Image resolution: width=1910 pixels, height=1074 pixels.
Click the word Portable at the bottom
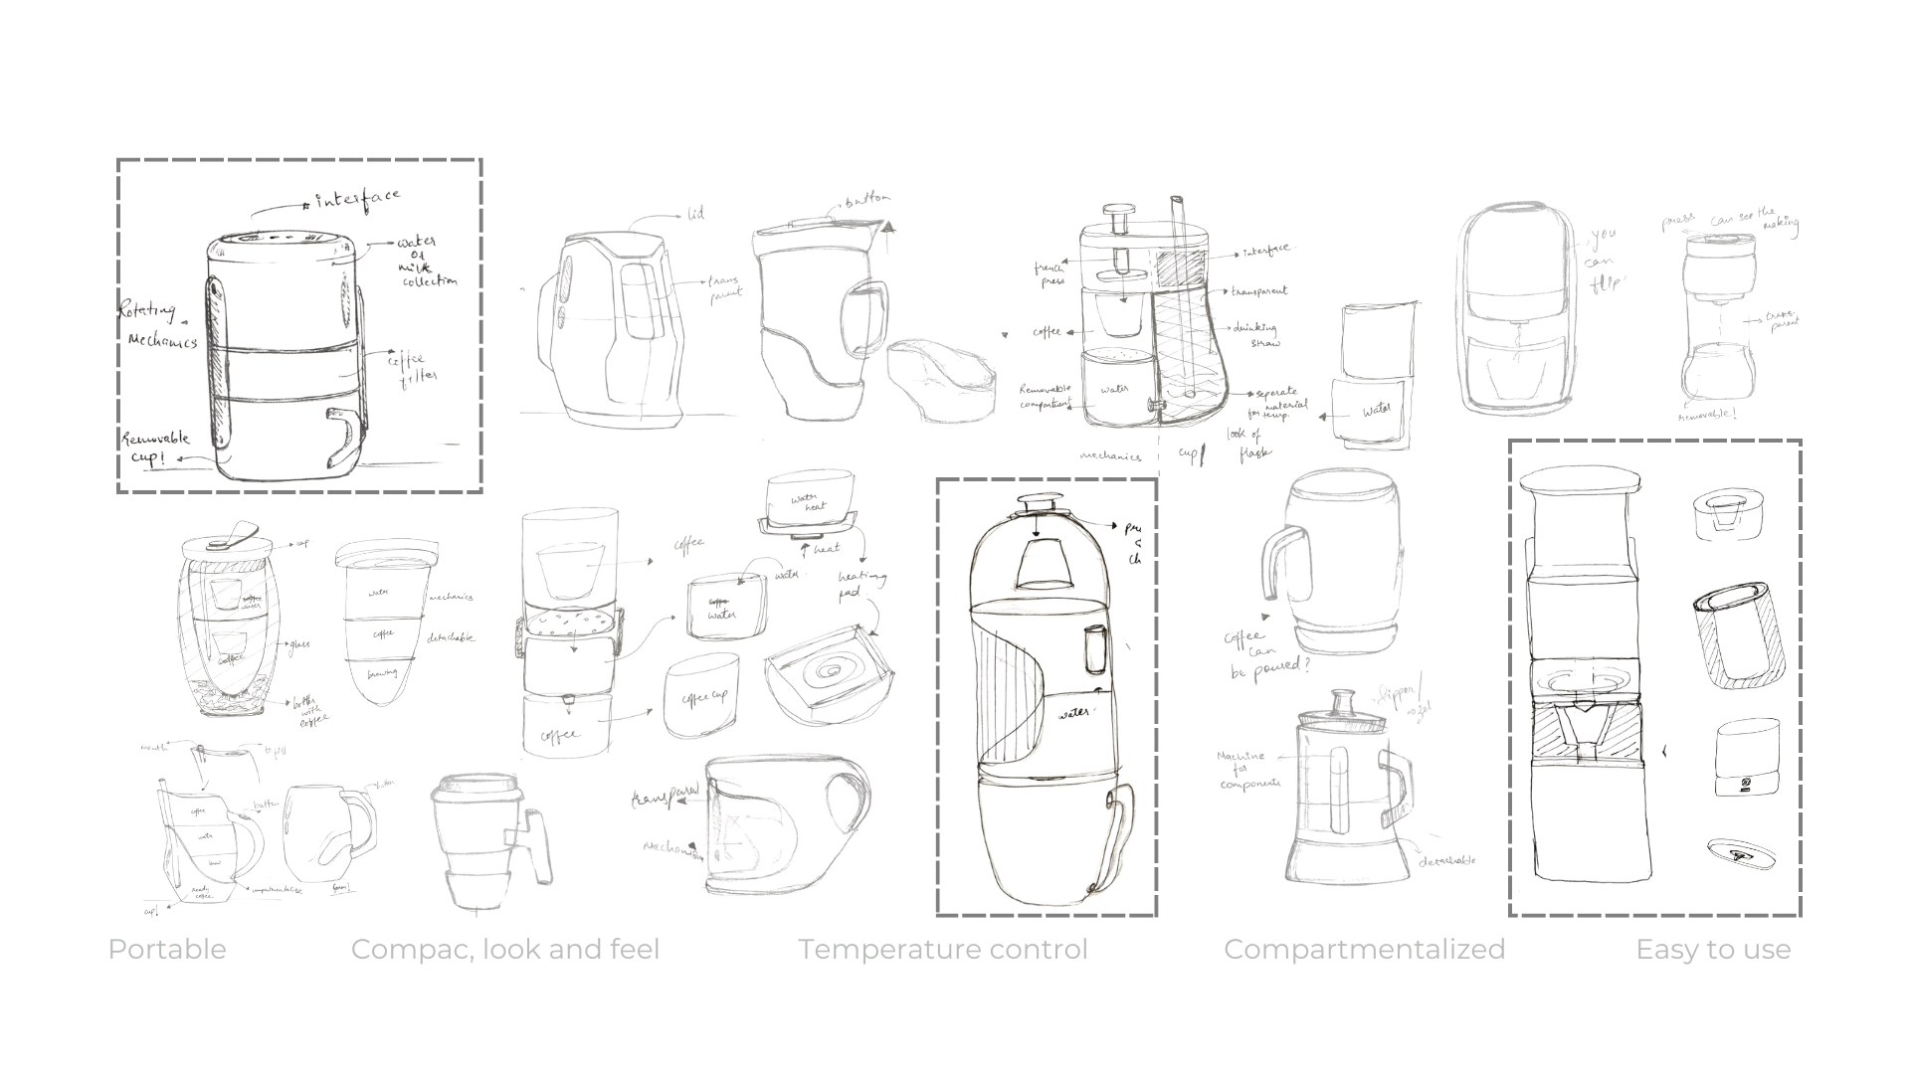[x=167, y=950]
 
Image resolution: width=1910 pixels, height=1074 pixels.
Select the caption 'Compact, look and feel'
[x=504, y=950]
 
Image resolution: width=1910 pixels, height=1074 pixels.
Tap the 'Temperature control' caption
[x=945, y=950]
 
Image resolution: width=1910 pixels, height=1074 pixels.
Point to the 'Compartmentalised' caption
[x=1362, y=950]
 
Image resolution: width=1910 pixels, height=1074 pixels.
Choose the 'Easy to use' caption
[x=1710, y=950]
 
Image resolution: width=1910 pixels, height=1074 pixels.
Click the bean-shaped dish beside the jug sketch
[x=939, y=377]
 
